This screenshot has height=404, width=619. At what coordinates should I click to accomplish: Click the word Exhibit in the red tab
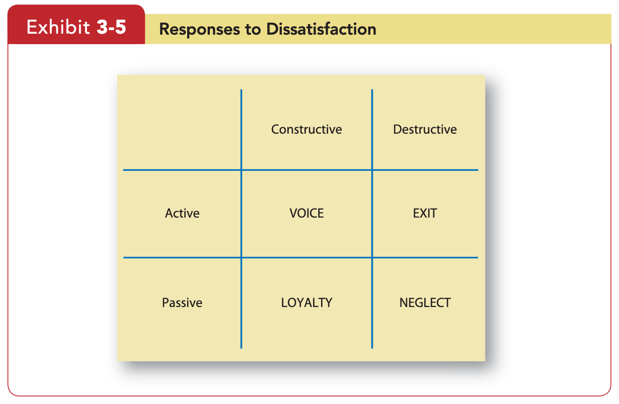[58, 27]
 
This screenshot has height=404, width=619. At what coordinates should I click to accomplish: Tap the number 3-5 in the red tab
[111, 27]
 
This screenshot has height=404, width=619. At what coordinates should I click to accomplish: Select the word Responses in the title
[199, 29]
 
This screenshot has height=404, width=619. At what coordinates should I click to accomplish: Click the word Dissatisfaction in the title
[321, 29]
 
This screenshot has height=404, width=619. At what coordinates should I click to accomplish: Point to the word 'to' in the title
[253, 30]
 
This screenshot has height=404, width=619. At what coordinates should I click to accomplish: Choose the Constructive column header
[306, 130]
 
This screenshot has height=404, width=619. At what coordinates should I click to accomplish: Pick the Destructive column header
[425, 130]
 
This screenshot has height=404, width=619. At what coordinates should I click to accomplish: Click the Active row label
[182, 214]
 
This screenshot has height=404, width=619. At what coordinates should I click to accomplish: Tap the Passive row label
[182, 302]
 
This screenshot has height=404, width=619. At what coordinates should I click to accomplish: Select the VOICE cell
[306, 214]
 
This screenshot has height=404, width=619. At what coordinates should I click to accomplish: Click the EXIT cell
[425, 214]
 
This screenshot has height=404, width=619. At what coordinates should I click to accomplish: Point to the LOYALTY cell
[306, 302]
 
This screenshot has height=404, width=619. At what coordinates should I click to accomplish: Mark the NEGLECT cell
[425, 302]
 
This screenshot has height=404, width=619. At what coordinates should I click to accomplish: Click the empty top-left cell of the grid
[182, 129]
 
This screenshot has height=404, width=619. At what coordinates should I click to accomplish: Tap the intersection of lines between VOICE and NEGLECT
[372, 257]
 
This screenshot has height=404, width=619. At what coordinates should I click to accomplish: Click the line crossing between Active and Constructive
[241, 170]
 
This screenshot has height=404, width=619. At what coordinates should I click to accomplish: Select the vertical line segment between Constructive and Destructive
[372, 130]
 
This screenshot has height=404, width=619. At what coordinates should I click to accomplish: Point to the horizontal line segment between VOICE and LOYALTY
[307, 257]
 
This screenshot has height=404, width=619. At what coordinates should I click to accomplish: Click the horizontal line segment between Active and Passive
[182, 257]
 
